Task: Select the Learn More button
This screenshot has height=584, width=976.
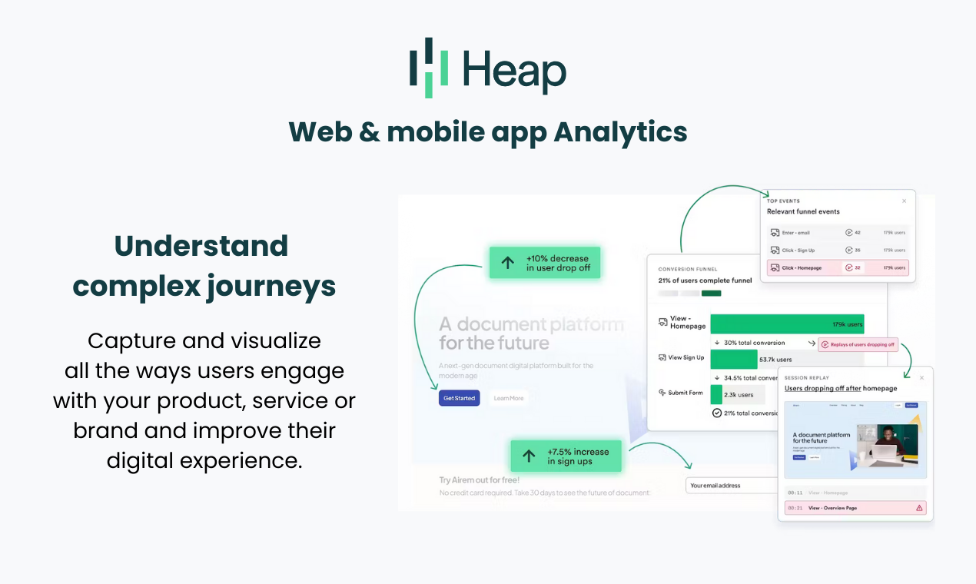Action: pyautogui.click(x=509, y=398)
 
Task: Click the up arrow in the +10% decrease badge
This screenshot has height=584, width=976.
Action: pyautogui.click(x=508, y=263)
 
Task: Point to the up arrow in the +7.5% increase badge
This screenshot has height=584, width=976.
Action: pyautogui.click(x=529, y=456)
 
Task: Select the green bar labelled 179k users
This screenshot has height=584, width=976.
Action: pyautogui.click(x=786, y=324)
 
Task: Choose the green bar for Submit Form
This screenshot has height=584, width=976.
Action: pyautogui.click(x=716, y=394)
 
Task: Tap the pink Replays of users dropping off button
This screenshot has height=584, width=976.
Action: pyautogui.click(x=858, y=344)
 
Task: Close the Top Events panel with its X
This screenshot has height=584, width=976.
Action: pyautogui.click(x=904, y=201)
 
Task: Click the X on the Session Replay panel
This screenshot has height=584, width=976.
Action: pyautogui.click(x=921, y=378)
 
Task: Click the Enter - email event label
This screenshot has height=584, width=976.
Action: pyautogui.click(x=795, y=232)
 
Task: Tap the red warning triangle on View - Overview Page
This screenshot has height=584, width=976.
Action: pyautogui.click(x=919, y=508)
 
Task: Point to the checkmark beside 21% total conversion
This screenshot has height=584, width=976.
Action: pyautogui.click(x=717, y=413)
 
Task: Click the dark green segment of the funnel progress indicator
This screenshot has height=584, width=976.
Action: pyautogui.click(x=712, y=293)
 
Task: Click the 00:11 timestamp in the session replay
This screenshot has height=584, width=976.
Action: pyautogui.click(x=795, y=493)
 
